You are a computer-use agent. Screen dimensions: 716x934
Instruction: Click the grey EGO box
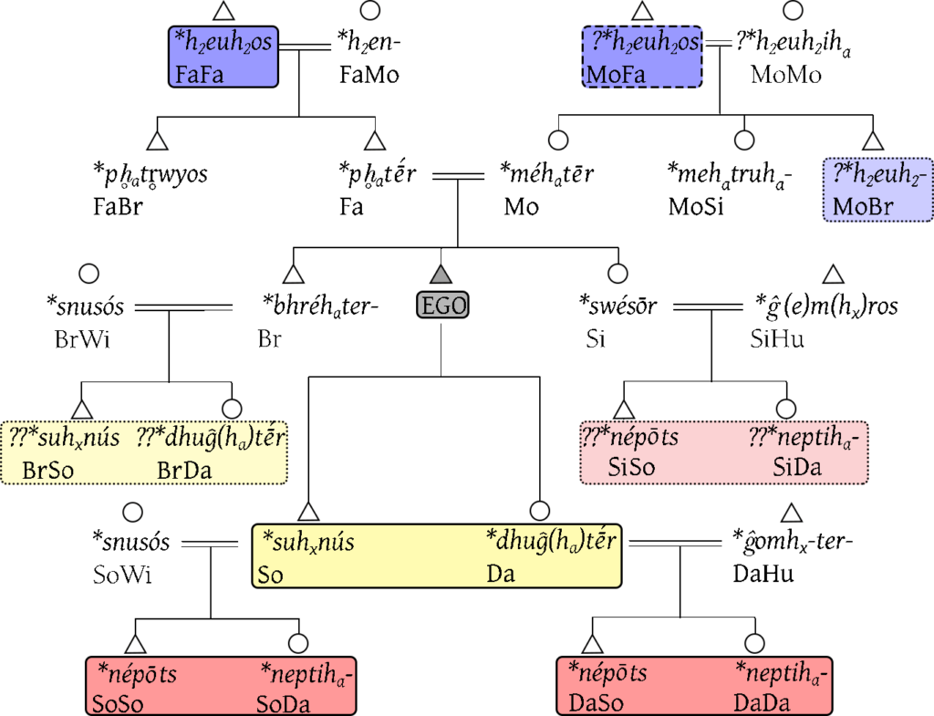441,306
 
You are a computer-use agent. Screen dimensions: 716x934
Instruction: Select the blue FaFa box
223,57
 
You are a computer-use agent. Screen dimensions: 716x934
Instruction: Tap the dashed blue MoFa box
642,57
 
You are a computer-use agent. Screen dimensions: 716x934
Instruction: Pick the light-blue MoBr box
877,189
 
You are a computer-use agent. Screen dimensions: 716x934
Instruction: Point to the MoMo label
785,75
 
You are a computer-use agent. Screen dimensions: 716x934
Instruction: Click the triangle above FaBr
160,140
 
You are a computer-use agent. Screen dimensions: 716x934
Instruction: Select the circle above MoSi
745,140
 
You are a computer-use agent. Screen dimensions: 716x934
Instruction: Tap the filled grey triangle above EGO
441,272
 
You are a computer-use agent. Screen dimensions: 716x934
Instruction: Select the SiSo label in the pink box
628,469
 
